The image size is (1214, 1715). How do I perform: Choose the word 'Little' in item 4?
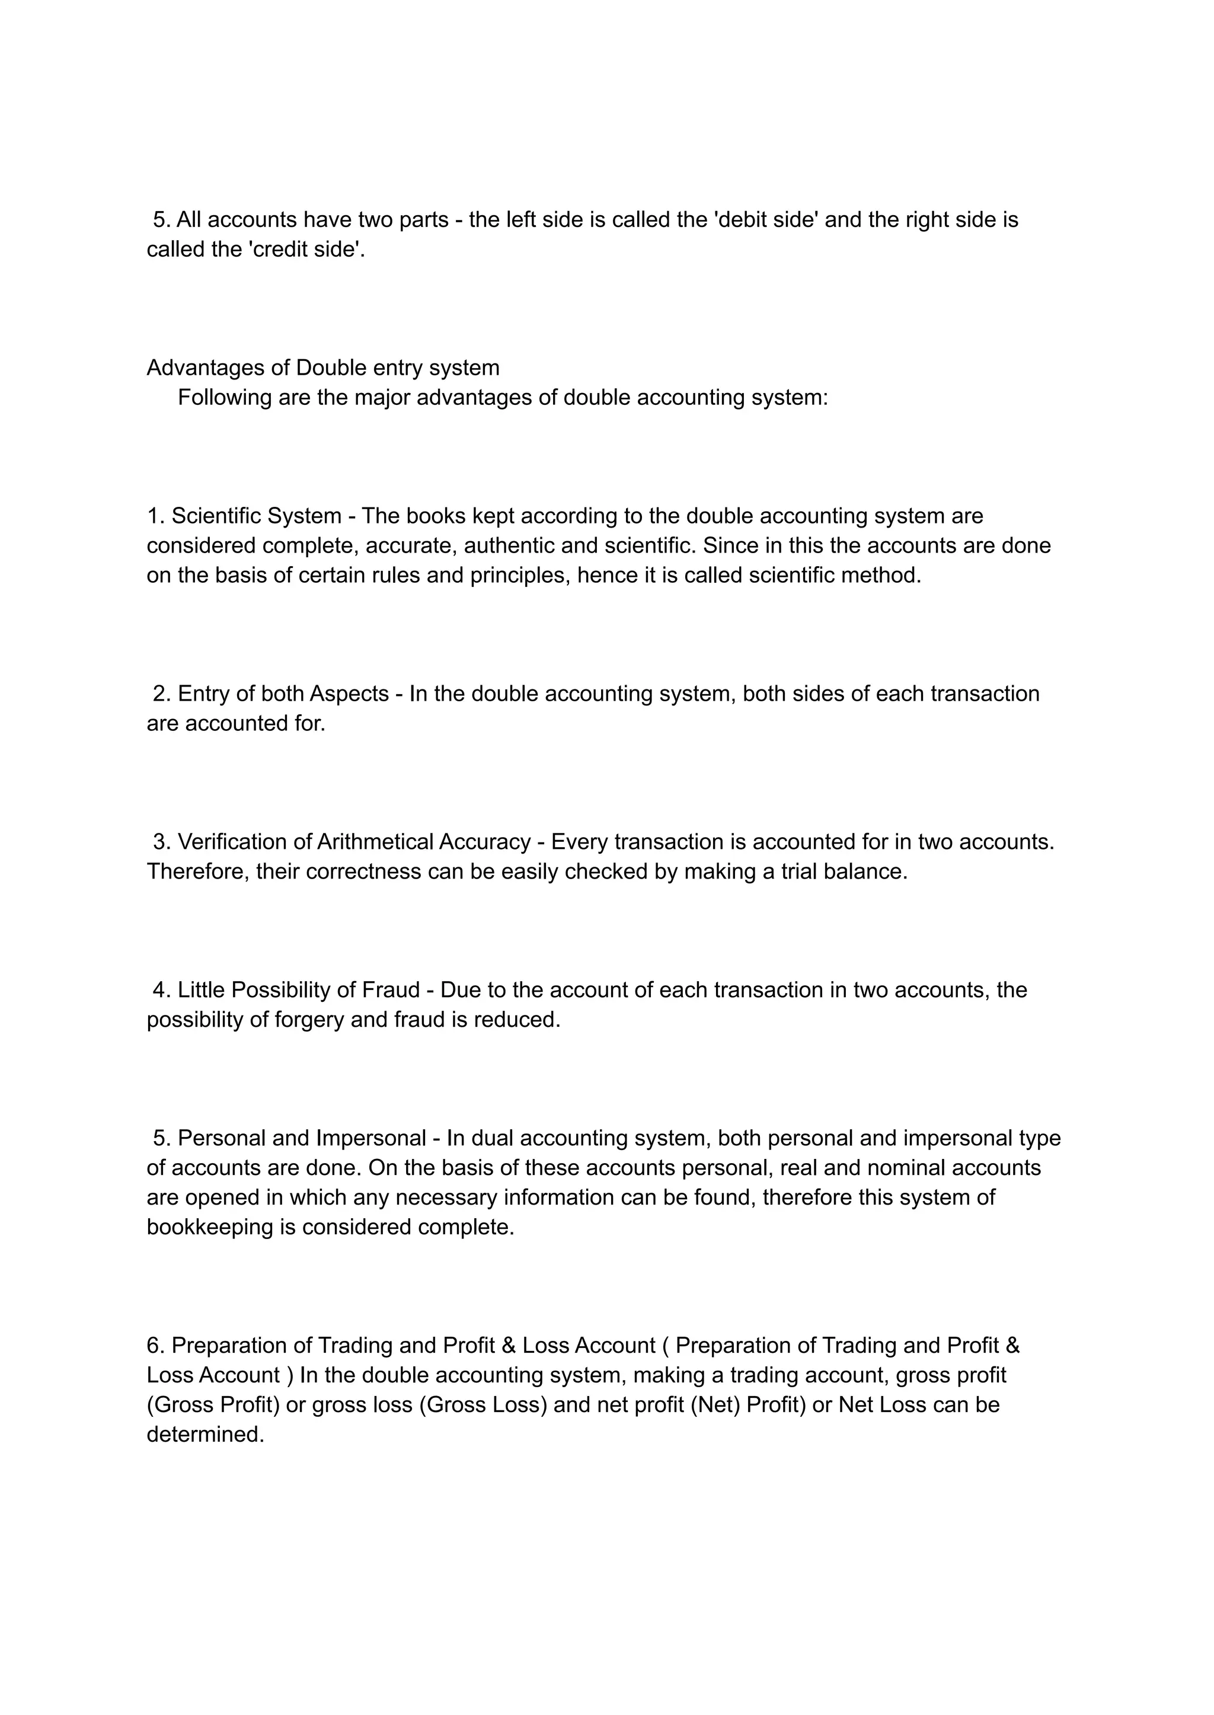point(202,990)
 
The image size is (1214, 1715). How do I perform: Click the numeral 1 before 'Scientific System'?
point(154,516)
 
